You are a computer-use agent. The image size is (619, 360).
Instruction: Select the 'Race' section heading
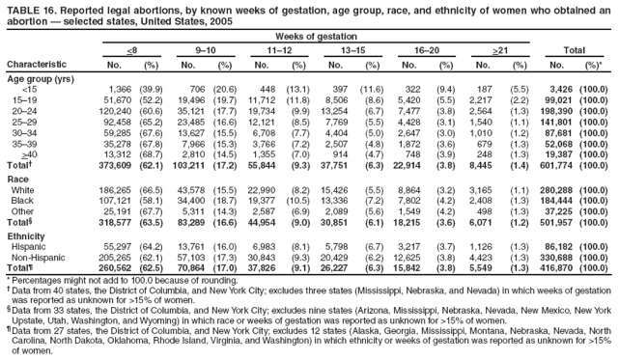pyautogui.click(x=18, y=180)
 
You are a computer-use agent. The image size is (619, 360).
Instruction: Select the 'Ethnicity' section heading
pyautogui.click(x=26, y=236)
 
